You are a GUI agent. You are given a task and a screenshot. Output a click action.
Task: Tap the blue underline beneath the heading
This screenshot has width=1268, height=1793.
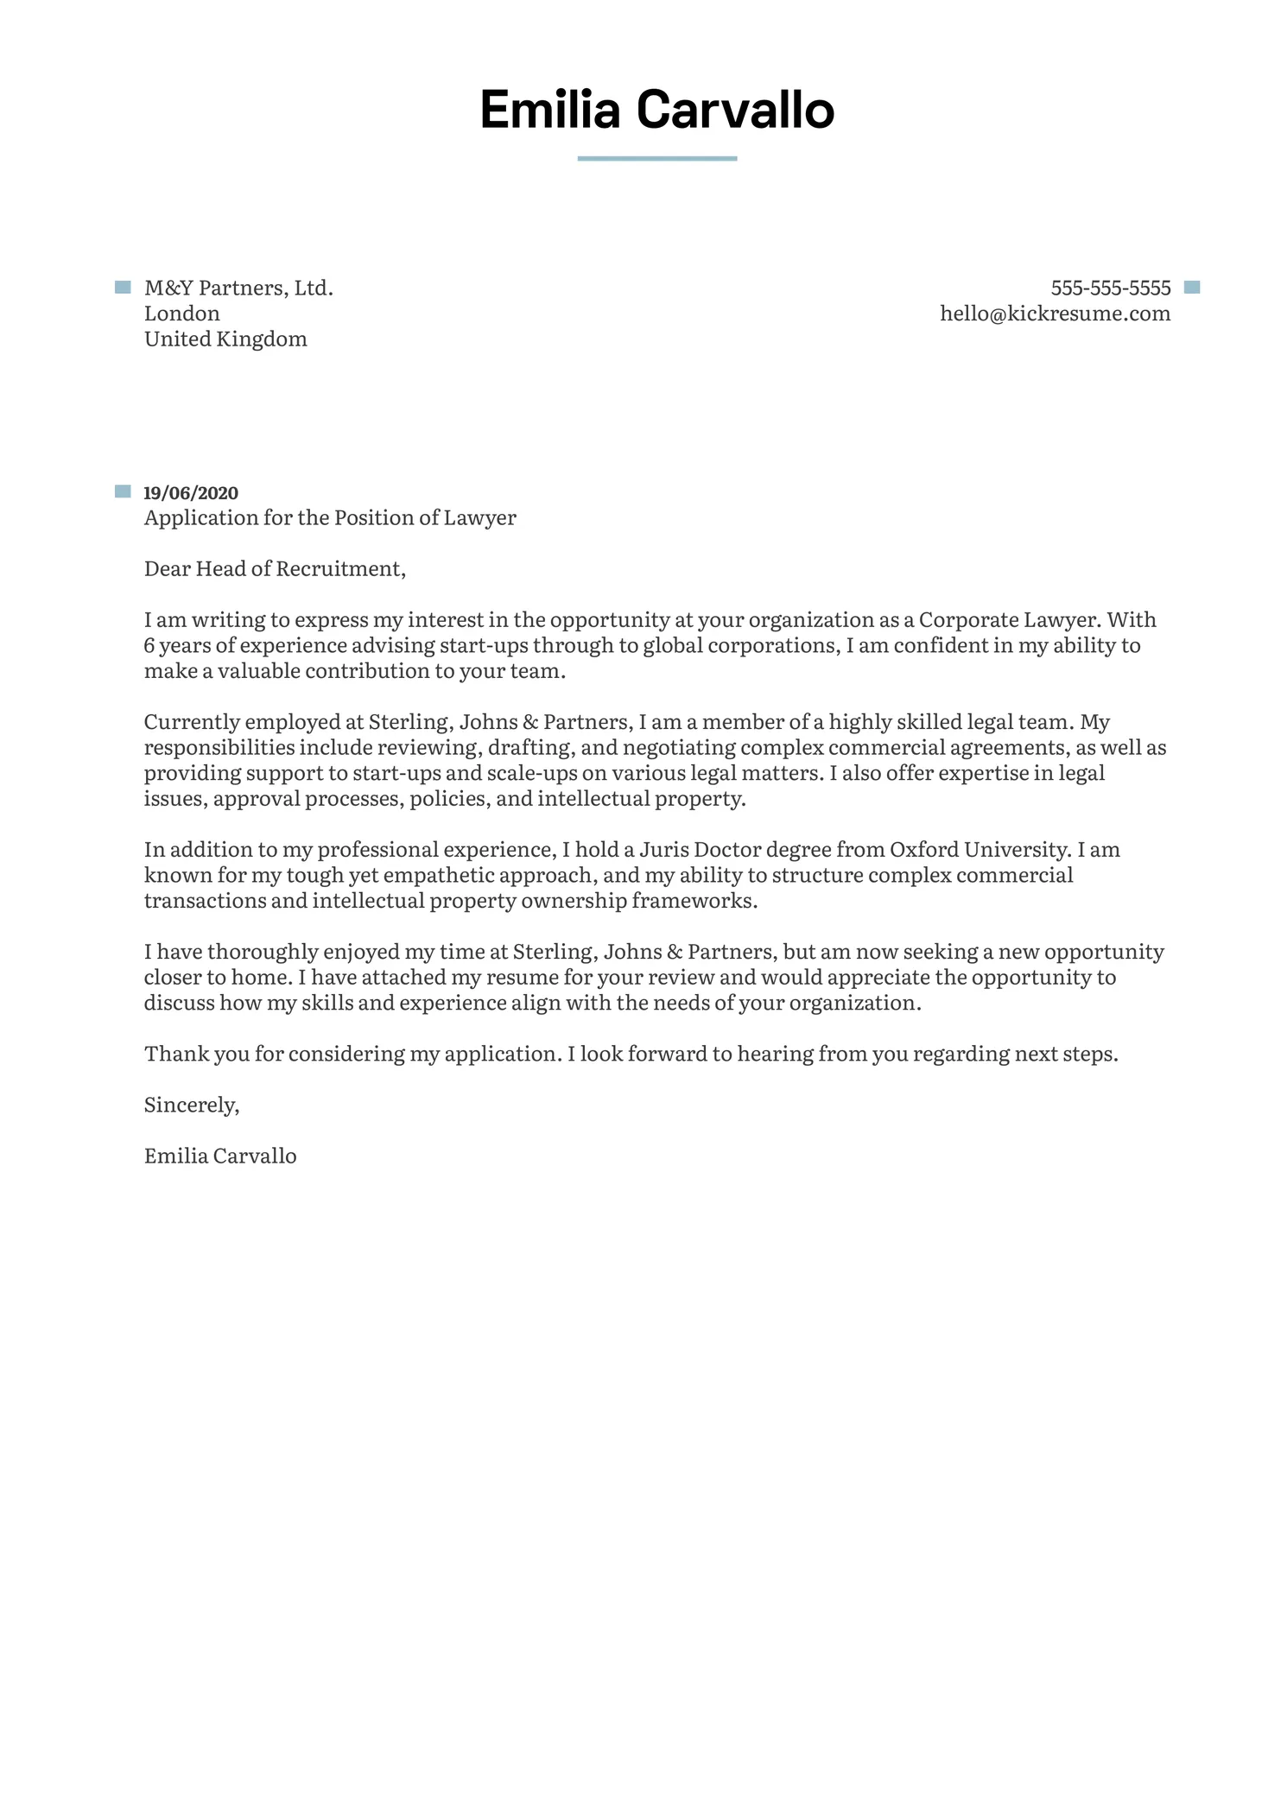pos(656,159)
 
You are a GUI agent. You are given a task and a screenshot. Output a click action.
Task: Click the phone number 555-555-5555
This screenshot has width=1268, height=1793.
pos(1110,288)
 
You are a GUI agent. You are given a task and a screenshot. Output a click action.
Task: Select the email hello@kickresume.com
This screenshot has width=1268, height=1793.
pos(1055,314)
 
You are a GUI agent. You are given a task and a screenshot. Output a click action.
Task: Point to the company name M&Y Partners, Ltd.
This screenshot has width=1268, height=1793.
pos(238,288)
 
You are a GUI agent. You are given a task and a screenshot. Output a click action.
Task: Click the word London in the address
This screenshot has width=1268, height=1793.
pos(181,314)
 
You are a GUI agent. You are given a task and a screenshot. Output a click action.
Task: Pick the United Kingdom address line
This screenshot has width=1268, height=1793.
pos(225,339)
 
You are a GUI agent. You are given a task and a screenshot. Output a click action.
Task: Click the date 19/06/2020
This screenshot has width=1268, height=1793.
pos(190,493)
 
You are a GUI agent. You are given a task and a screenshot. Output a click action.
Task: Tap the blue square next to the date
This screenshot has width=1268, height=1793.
pos(123,492)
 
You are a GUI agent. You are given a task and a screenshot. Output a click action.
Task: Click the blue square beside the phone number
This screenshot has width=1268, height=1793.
pos(1192,288)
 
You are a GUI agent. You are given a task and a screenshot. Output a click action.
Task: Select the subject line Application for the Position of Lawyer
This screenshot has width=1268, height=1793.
pos(330,518)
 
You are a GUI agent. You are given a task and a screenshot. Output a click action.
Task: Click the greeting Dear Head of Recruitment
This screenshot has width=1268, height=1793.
pos(275,569)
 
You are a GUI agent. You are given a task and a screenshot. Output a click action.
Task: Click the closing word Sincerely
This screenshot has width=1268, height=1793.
pos(191,1106)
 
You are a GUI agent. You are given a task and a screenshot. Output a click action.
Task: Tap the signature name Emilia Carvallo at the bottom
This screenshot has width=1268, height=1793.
pos(220,1156)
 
